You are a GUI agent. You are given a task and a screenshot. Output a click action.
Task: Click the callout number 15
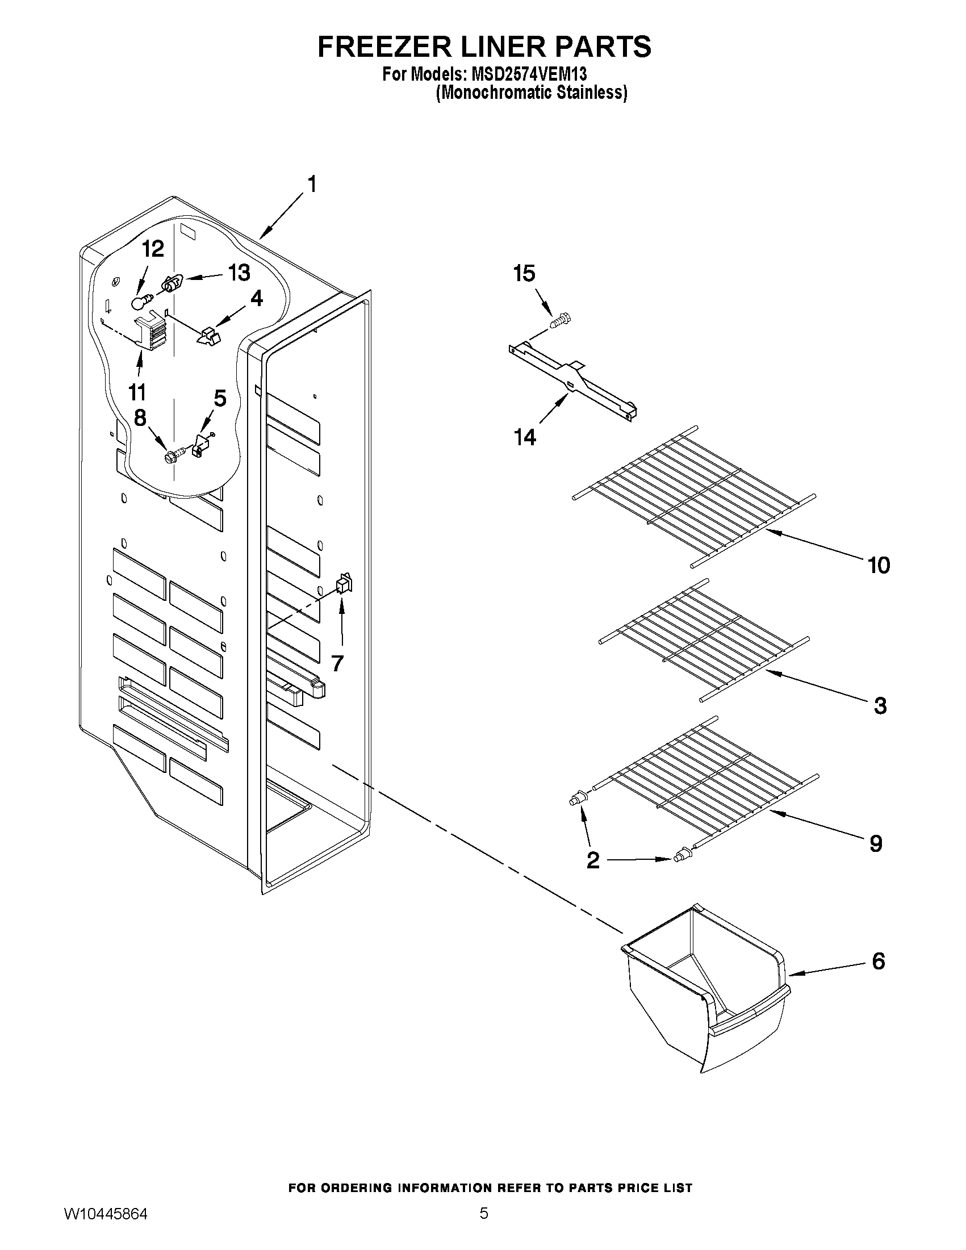[x=524, y=274]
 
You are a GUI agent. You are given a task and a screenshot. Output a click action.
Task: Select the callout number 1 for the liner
[x=312, y=185]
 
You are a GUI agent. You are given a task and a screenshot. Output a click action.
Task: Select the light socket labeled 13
[x=171, y=282]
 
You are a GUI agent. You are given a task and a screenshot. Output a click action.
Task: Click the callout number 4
[x=256, y=298]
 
